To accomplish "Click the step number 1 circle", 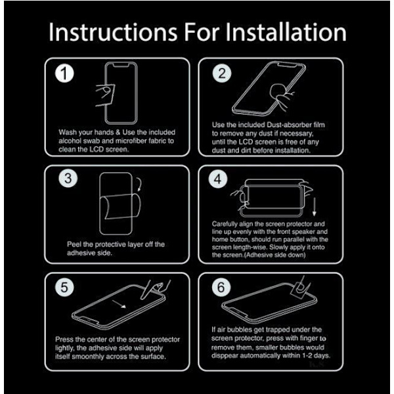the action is pos(64,74).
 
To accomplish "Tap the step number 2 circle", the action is pos(222,74).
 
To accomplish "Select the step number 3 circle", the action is pos(68,179).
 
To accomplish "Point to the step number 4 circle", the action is pos(218,179).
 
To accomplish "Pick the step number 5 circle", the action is pos(64,287).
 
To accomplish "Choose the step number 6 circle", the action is pos(221,287).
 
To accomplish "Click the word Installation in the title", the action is pos(286,32).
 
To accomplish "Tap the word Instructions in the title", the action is pos(113,32).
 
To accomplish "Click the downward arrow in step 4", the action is pos(314,207).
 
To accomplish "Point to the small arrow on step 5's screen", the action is pos(119,304).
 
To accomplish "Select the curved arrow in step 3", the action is pos(139,185).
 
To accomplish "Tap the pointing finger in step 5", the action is pos(154,290).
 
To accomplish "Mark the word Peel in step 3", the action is pos(74,244).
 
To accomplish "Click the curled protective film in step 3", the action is pos(120,207).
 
